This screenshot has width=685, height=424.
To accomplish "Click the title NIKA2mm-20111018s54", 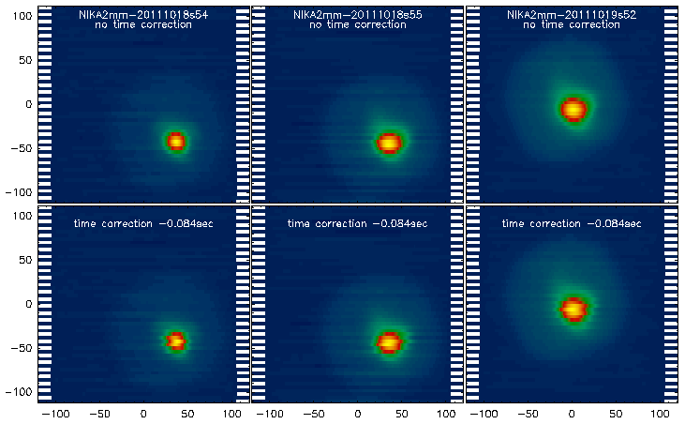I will [x=143, y=14].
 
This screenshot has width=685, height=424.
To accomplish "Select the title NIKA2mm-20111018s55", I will [x=358, y=14].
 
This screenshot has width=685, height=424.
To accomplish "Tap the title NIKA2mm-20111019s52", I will [x=573, y=14].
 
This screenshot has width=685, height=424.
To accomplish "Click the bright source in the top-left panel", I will [x=175, y=142].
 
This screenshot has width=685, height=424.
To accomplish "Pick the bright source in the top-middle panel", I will [x=389, y=143].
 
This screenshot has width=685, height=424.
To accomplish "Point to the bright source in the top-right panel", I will [x=573, y=109].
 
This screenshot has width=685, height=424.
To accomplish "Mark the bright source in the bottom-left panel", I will [x=175, y=341].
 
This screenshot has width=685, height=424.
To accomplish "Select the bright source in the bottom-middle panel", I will [x=389, y=342].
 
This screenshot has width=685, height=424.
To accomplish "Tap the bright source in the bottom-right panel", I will [x=572, y=308].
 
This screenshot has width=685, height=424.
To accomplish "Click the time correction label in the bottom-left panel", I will [x=143, y=224].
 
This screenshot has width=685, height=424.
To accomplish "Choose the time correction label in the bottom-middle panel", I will [x=358, y=224].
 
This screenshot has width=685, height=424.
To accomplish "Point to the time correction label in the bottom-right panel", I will [x=573, y=224].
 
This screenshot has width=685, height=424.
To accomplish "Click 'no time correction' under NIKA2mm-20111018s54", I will [x=143, y=24].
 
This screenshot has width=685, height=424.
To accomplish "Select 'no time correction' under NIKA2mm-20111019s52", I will [x=573, y=24].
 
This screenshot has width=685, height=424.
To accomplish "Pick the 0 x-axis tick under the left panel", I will [x=143, y=413].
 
